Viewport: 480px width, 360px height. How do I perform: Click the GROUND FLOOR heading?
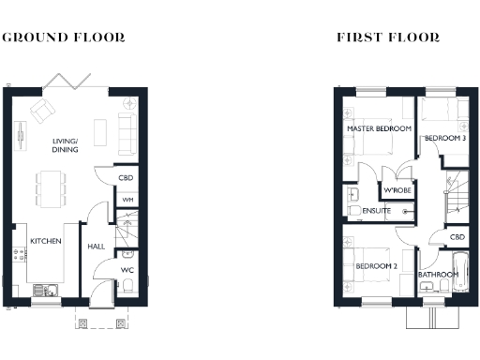65,37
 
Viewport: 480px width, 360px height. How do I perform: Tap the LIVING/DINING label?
66,145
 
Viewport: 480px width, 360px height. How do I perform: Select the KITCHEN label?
46,241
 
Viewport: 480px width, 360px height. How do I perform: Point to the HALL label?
97,247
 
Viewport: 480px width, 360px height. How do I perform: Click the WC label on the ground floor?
125,272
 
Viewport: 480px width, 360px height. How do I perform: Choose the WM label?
124,199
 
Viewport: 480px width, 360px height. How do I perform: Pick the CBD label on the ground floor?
125,178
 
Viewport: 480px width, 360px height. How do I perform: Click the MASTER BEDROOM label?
379,128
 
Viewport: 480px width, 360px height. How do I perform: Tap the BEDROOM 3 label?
444,138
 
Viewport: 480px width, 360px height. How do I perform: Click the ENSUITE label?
377,211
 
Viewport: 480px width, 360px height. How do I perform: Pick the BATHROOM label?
438,274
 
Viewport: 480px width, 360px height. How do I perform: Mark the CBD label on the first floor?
457,237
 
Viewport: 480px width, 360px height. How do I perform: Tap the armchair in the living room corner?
43,112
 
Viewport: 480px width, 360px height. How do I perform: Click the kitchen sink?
40,288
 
